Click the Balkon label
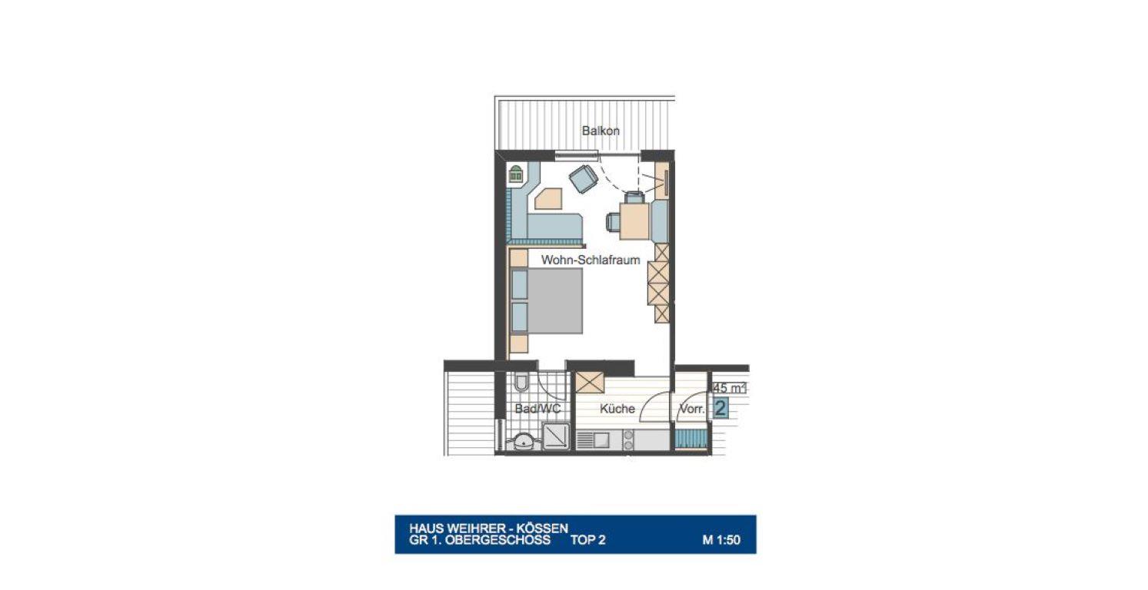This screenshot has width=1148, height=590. coord(601,131)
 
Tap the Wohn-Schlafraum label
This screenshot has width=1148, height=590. coord(591,260)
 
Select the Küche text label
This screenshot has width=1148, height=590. coord(617,409)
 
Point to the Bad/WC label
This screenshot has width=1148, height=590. coord(537,409)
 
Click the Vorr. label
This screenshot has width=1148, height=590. coord(692,409)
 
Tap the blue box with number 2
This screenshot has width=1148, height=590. coord(721,408)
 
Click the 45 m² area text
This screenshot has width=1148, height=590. coord(729,388)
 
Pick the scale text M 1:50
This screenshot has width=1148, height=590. coord(721,540)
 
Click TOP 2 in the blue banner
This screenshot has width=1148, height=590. coord(587,540)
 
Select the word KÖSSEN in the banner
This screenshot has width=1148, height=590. coord(542,528)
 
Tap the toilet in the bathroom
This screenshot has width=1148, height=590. coord(521,382)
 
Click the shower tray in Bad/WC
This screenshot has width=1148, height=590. coord(556,436)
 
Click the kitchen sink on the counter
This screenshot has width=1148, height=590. coord(593,440)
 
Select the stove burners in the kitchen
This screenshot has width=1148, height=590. coord(627,440)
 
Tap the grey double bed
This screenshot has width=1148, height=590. coord(547,300)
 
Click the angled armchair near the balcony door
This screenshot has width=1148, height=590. coord(583,178)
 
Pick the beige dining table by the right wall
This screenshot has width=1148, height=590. coord(634,220)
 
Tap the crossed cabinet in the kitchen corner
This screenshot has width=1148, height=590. coord(589,383)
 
